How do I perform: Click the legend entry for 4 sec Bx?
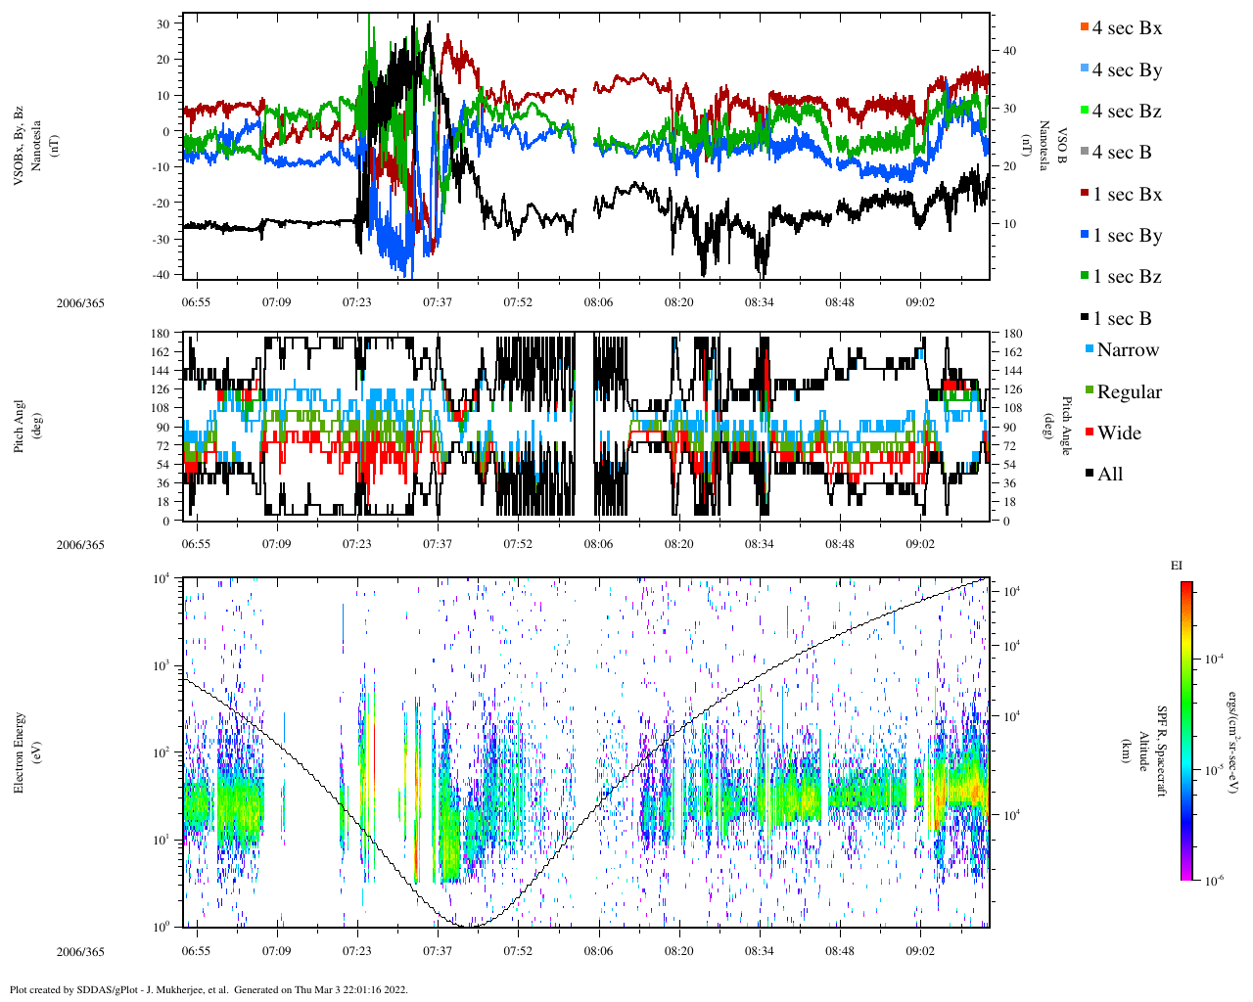coord(1126,28)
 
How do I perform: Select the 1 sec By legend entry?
coord(1126,236)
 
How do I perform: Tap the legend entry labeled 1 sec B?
coord(1121,319)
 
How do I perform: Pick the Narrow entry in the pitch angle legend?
coord(1127,350)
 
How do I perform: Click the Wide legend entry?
coord(1118,433)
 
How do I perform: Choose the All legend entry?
coord(1109,475)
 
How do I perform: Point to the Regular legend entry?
coord(1128,392)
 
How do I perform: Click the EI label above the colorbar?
coord(1177,566)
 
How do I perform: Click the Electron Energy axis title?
coord(20,751)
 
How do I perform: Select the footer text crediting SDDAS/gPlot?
coord(209,989)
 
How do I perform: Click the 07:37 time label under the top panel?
coord(438,302)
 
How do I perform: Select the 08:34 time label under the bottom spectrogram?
coord(759,951)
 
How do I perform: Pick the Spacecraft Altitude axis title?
coord(1151,751)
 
